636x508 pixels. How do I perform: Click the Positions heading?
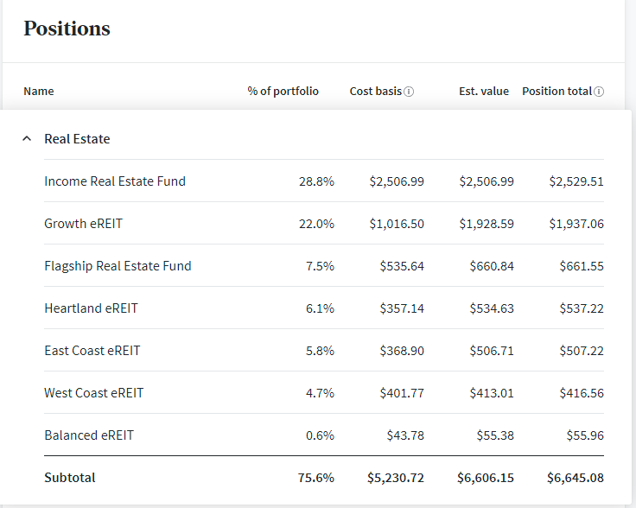click(x=67, y=29)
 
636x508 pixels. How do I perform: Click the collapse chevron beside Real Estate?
click(x=27, y=138)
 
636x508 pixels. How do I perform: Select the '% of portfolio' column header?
click(x=283, y=91)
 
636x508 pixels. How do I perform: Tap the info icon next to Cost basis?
click(x=409, y=92)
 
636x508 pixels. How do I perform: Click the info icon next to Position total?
click(x=599, y=92)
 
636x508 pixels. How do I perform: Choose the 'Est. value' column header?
click(x=483, y=91)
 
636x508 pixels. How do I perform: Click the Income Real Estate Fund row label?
click(x=115, y=181)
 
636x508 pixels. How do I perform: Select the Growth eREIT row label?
click(x=84, y=224)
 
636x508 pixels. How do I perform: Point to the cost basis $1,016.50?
click(x=397, y=224)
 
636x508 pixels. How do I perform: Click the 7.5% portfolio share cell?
click(x=320, y=266)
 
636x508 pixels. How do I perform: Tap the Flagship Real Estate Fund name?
click(x=118, y=266)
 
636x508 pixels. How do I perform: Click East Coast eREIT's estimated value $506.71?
click(x=491, y=351)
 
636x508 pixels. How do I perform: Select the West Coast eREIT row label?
click(x=94, y=393)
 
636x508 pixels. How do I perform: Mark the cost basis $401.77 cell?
click(x=402, y=393)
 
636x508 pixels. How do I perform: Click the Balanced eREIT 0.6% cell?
click(x=320, y=435)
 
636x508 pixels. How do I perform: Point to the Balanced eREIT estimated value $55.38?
click(x=494, y=435)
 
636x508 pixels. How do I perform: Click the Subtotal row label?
click(x=70, y=478)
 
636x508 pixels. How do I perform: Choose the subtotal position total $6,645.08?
click(x=576, y=478)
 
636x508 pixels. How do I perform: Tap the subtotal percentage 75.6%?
click(x=317, y=478)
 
